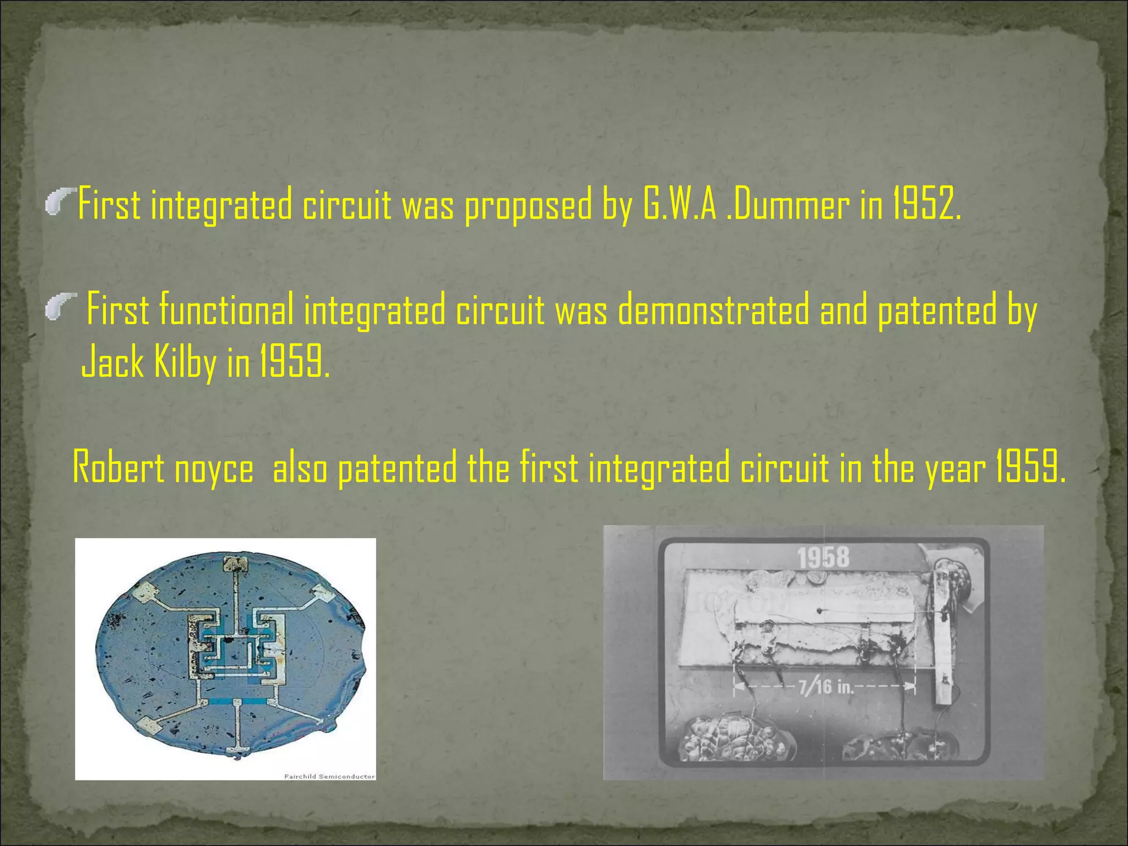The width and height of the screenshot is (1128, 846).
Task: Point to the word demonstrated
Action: coord(713,310)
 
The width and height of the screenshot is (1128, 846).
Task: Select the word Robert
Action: coord(118,468)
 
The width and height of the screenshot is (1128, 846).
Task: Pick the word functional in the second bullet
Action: coord(226,310)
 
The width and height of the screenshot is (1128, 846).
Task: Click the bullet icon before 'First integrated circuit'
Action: coord(60,201)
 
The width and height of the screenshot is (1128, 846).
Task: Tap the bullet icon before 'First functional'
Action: coord(60,307)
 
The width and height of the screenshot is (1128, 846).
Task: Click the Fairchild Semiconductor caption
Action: coord(329,777)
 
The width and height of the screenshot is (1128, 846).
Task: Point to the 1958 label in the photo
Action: coord(823,558)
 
